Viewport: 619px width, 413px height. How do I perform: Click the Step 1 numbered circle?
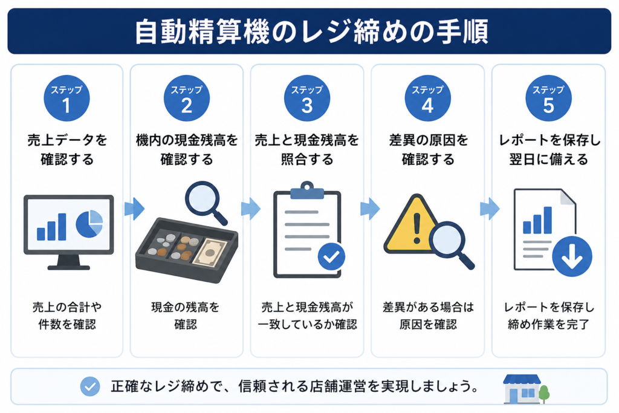click(66, 99)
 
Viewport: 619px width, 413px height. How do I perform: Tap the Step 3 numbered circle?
click(307, 99)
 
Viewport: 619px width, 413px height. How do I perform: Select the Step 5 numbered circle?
click(548, 99)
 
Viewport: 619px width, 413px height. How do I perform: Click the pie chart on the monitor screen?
click(89, 224)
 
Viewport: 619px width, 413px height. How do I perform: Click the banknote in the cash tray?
click(210, 252)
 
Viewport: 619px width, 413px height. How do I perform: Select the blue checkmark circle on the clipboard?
click(332, 256)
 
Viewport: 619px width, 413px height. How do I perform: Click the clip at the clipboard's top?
click(307, 190)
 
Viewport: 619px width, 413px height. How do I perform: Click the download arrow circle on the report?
click(572, 256)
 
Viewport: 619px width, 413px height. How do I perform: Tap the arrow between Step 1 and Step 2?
click(135, 209)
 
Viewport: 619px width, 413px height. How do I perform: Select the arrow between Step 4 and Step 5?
click(490, 209)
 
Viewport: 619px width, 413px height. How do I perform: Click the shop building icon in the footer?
click(522, 389)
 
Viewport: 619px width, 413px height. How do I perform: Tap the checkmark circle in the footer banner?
click(90, 386)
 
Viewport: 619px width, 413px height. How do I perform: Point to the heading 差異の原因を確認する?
click(429, 149)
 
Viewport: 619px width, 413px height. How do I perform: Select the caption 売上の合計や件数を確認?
click(67, 316)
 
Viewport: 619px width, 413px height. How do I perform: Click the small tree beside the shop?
click(544, 394)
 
